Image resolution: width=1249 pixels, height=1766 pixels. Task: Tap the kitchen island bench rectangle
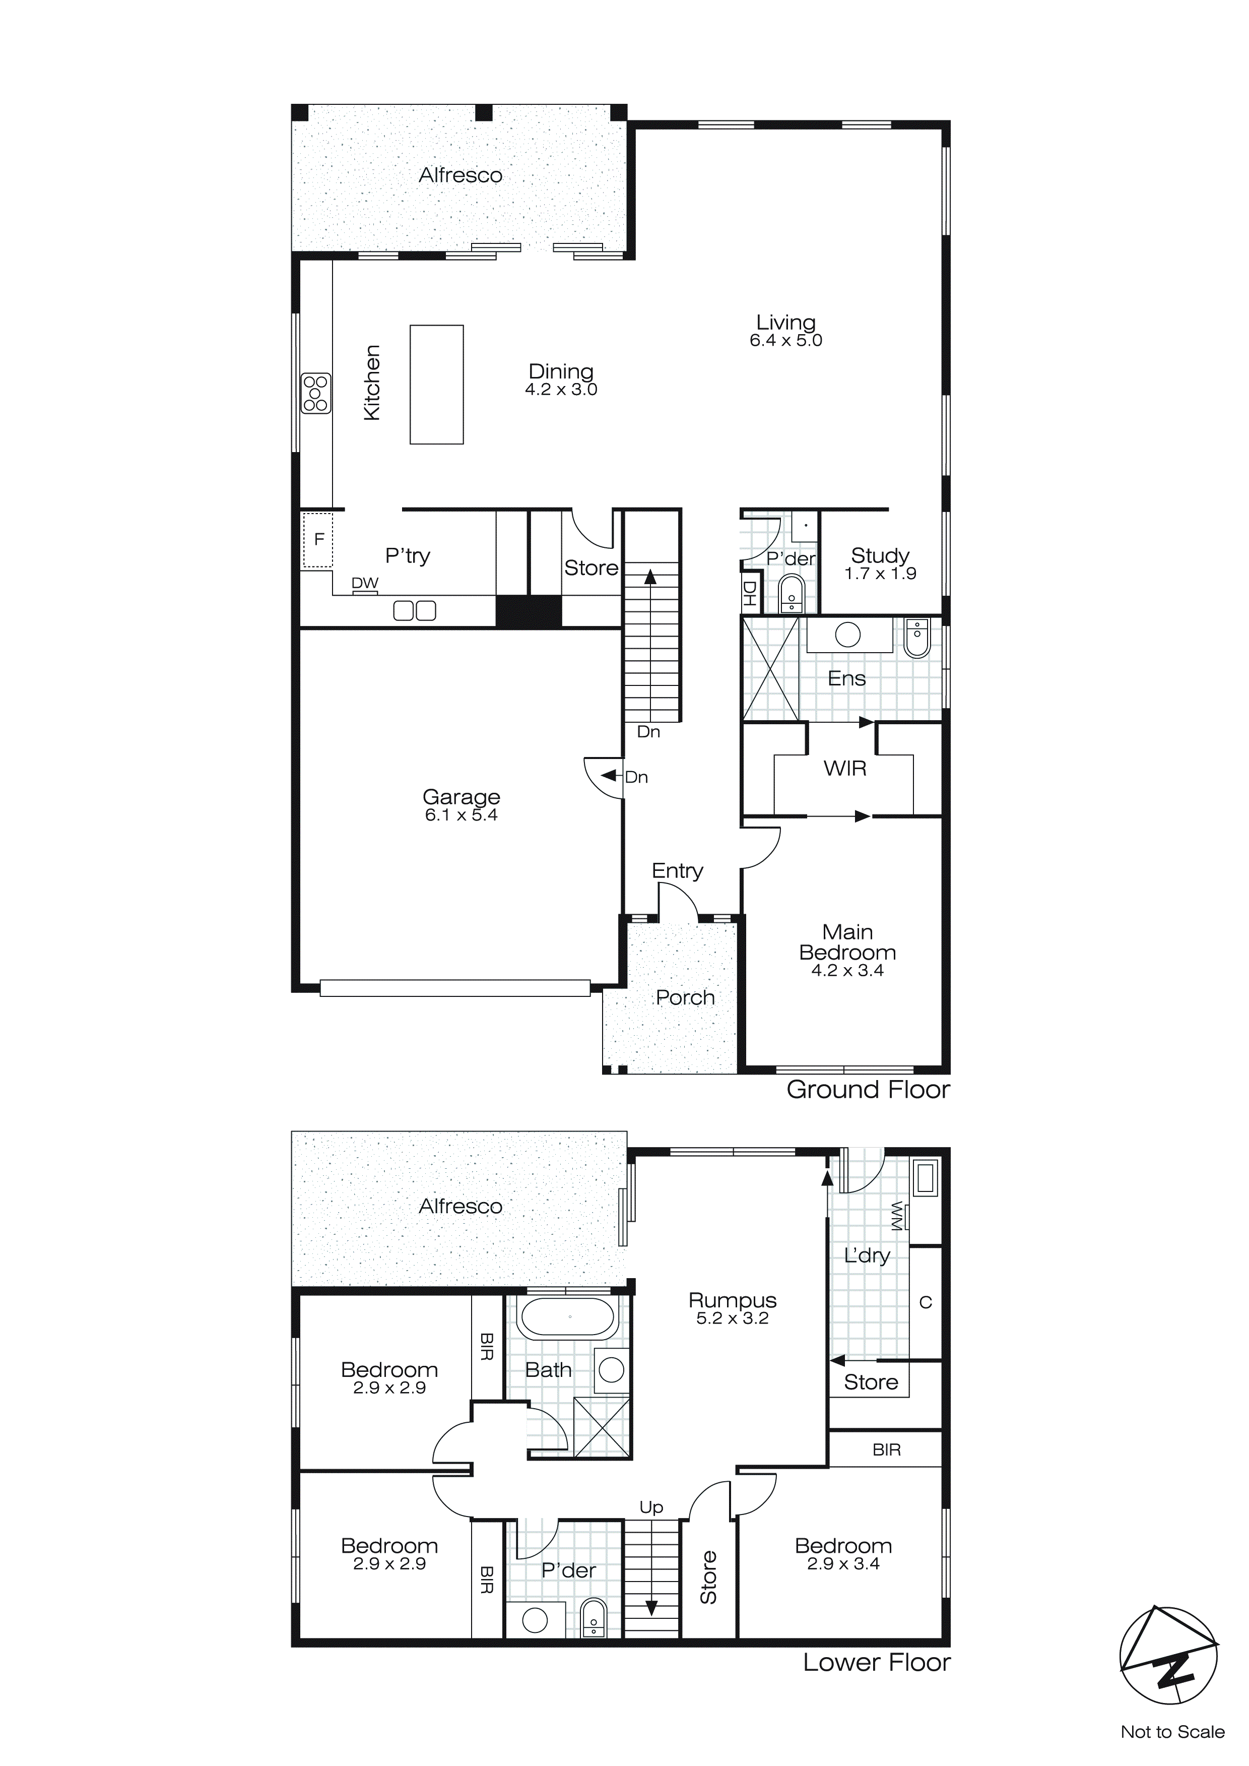coord(436,385)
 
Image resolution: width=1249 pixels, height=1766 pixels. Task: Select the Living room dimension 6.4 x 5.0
coord(785,341)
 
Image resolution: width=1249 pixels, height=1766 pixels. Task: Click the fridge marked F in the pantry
coord(317,540)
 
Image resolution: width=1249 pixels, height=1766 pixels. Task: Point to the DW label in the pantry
coord(365,583)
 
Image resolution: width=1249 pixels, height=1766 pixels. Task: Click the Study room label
coord(880,555)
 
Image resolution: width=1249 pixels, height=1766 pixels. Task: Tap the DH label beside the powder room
coord(750,594)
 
